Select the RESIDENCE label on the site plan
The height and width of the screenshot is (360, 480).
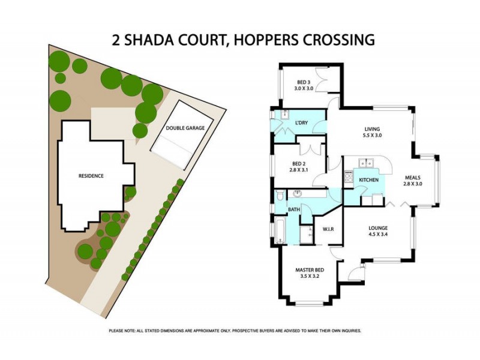91,176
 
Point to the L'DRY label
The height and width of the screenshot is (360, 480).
301,123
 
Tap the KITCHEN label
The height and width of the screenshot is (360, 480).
368,180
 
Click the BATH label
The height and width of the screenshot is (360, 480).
293,209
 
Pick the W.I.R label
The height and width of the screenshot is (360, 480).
328,229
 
